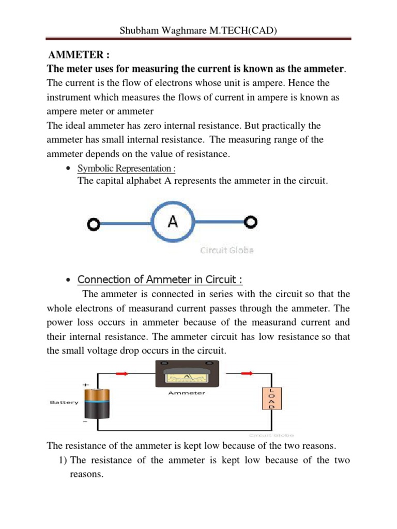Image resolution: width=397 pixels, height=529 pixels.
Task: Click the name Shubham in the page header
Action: (x=138, y=30)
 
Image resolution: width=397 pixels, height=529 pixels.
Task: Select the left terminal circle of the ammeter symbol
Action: (x=94, y=224)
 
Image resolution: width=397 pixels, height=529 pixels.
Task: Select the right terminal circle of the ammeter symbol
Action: (x=251, y=222)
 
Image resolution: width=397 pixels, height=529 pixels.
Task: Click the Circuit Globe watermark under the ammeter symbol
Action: (x=227, y=251)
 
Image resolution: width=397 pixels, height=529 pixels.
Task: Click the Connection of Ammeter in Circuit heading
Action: (x=160, y=279)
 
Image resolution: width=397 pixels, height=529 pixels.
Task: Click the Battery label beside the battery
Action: (x=64, y=402)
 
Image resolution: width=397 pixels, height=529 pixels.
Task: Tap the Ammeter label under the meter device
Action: (x=187, y=393)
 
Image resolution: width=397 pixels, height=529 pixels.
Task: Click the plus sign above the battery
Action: (x=85, y=385)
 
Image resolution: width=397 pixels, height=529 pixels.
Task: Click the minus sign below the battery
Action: (x=84, y=421)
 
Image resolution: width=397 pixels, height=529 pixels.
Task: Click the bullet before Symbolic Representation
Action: (x=69, y=169)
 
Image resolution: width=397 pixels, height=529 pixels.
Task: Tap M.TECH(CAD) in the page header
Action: (x=242, y=30)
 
